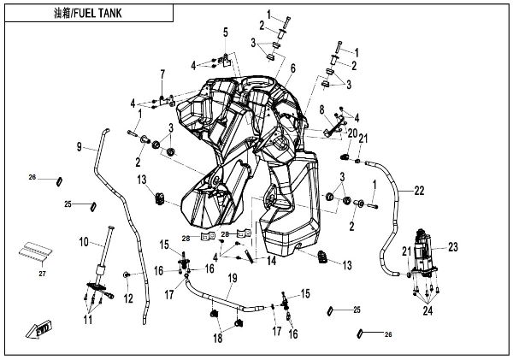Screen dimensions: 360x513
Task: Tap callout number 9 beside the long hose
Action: click(79, 147)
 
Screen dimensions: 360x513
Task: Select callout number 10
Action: click(84, 241)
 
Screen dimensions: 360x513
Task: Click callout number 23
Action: click(453, 246)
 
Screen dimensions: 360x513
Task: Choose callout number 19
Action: click(231, 279)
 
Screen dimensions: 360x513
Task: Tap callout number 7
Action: click(162, 75)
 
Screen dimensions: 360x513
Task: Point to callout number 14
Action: click(271, 260)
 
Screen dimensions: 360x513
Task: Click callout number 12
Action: click(130, 298)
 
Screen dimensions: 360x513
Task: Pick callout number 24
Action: click(427, 311)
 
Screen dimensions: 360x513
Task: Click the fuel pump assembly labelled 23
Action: click(423, 252)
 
